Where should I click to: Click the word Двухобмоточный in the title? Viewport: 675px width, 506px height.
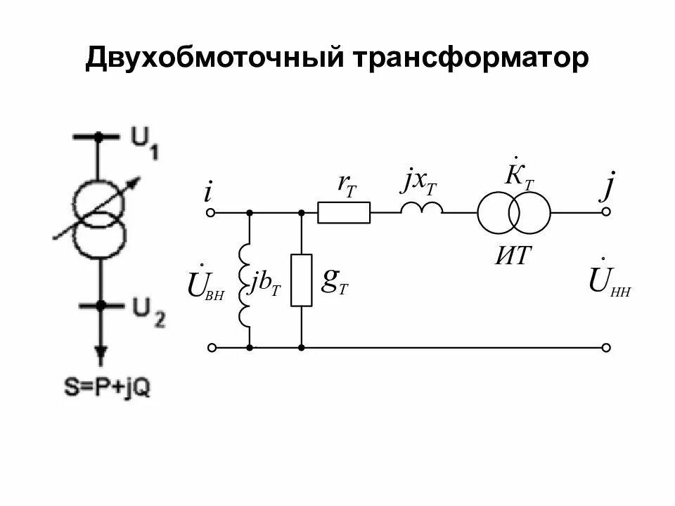point(212,58)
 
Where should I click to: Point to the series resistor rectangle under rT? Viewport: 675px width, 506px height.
point(344,212)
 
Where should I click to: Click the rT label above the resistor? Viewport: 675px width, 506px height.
point(347,184)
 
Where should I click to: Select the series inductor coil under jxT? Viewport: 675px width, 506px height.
point(422,208)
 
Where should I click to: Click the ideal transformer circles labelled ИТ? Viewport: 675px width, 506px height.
point(514,212)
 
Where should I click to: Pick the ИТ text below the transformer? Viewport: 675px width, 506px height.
point(513,256)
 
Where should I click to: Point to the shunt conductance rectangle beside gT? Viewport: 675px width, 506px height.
point(301,280)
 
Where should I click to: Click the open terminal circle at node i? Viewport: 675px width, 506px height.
point(210,212)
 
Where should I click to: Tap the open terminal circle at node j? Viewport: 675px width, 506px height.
point(606,212)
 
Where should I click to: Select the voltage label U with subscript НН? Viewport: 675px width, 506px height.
point(609,283)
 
